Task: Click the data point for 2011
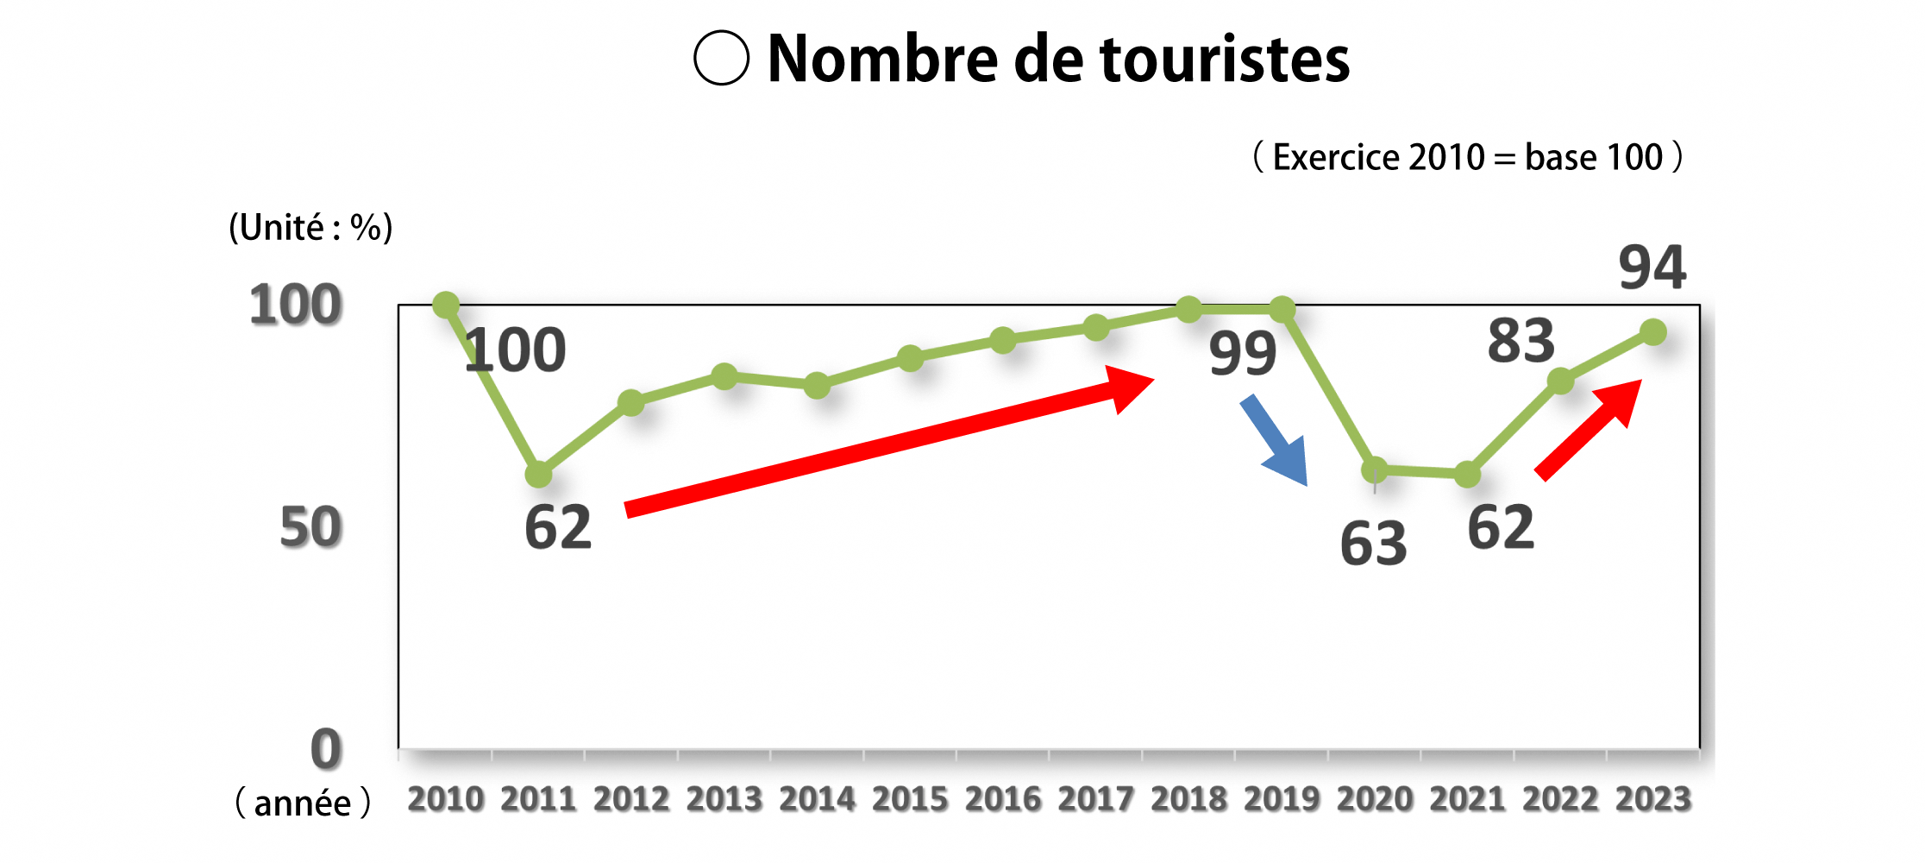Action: pyautogui.click(x=539, y=474)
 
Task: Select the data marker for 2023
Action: pyautogui.click(x=1652, y=332)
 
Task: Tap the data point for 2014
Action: pyautogui.click(x=817, y=386)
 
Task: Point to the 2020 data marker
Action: pyautogui.click(x=1374, y=470)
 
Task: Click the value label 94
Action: pyautogui.click(x=1652, y=268)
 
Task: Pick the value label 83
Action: pyautogui.click(x=1521, y=341)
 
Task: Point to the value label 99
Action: pyautogui.click(x=1242, y=353)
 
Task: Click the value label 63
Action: pyautogui.click(x=1373, y=544)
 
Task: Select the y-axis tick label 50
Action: pyautogui.click(x=310, y=527)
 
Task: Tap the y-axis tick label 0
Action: pyautogui.click(x=326, y=749)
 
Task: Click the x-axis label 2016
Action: pyautogui.click(x=1002, y=799)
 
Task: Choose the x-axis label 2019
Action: pyautogui.click(x=1282, y=799)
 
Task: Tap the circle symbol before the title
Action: pyautogui.click(x=721, y=58)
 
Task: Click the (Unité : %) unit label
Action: pyautogui.click(x=310, y=228)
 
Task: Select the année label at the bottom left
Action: pyautogui.click(x=303, y=803)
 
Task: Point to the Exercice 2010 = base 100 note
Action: pyautogui.click(x=1467, y=157)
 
